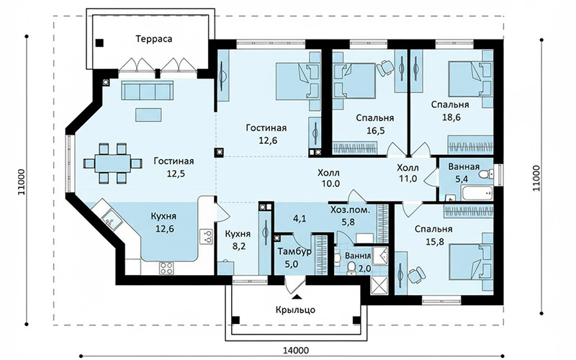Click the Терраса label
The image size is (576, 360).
tap(154, 39)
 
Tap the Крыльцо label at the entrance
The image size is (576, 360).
tap(295, 310)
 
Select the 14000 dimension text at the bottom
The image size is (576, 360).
tap(296, 351)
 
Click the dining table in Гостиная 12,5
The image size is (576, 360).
tap(112, 163)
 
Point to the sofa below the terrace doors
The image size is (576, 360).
tap(148, 90)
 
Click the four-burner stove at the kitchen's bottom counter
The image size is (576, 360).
tap(166, 268)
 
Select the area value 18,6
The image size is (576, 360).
tap(451, 117)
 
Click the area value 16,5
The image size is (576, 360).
tap(375, 130)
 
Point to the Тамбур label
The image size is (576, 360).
tap(294, 251)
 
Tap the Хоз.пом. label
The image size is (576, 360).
tap(350, 210)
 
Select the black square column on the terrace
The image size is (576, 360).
tap(99, 43)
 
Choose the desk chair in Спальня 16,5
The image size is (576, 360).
tap(385, 68)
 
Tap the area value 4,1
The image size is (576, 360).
tap(300, 219)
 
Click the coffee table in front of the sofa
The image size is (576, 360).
tap(148, 114)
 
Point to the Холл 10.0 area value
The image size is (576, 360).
tap(330, 184)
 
